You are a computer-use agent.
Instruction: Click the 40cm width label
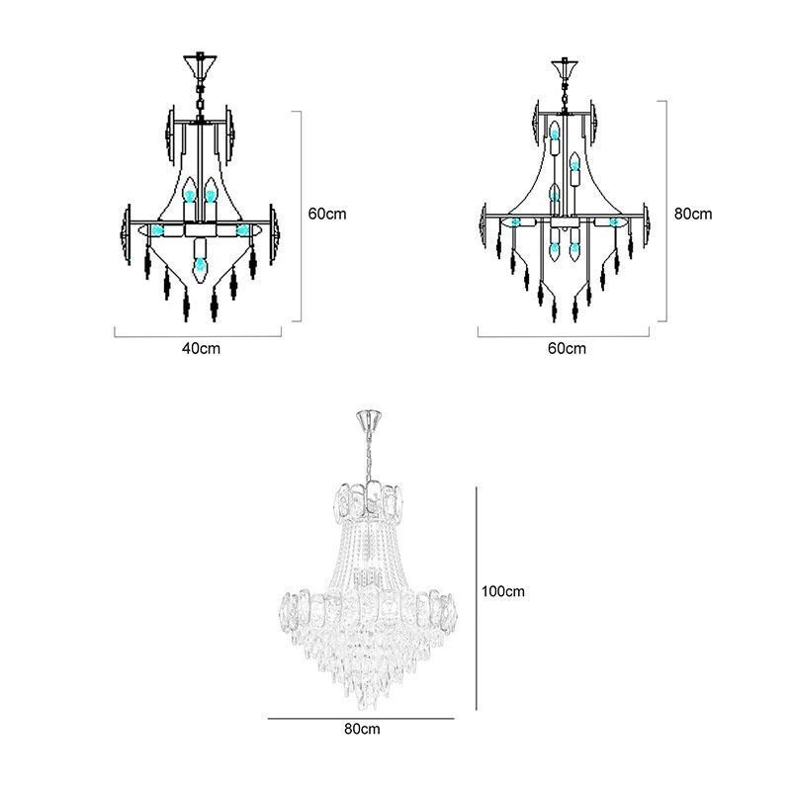(201, 348)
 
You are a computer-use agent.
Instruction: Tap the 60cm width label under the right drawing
(567, 348)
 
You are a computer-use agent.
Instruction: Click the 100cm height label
(502, 592)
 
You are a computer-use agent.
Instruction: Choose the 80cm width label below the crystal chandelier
(363, 729)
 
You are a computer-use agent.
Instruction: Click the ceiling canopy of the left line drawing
(201, 66)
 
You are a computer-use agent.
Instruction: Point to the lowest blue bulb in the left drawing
(201, 265)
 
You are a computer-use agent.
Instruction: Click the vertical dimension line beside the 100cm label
(478, 597)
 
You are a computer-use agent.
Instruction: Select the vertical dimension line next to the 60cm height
(301, 216)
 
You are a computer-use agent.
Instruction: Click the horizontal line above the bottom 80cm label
(361, 719)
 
